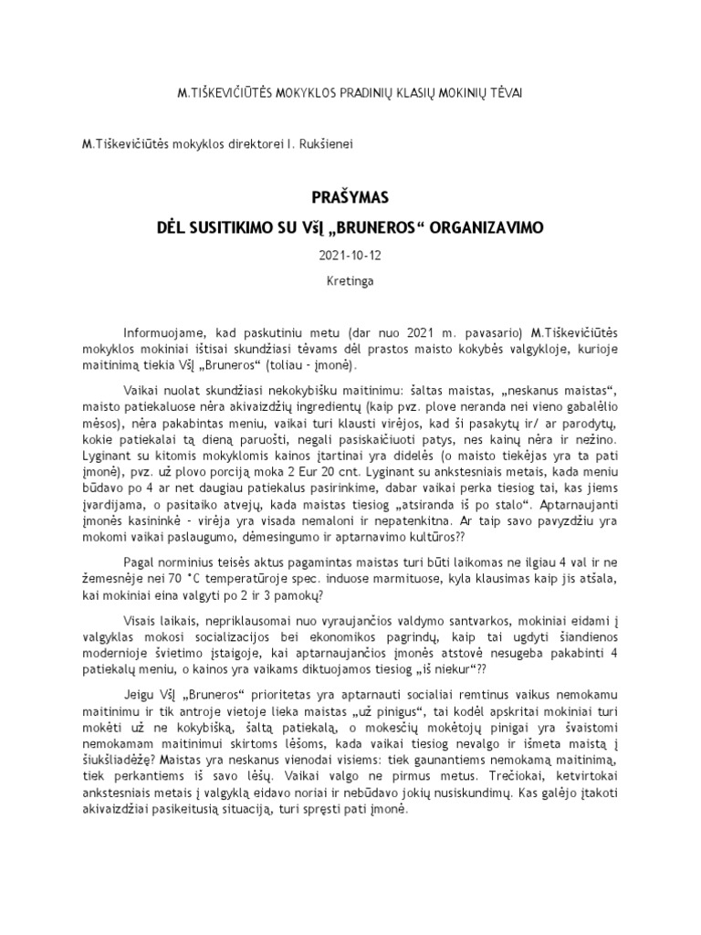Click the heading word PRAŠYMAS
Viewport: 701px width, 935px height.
point(350,196)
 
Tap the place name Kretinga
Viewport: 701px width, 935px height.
point(350,282)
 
